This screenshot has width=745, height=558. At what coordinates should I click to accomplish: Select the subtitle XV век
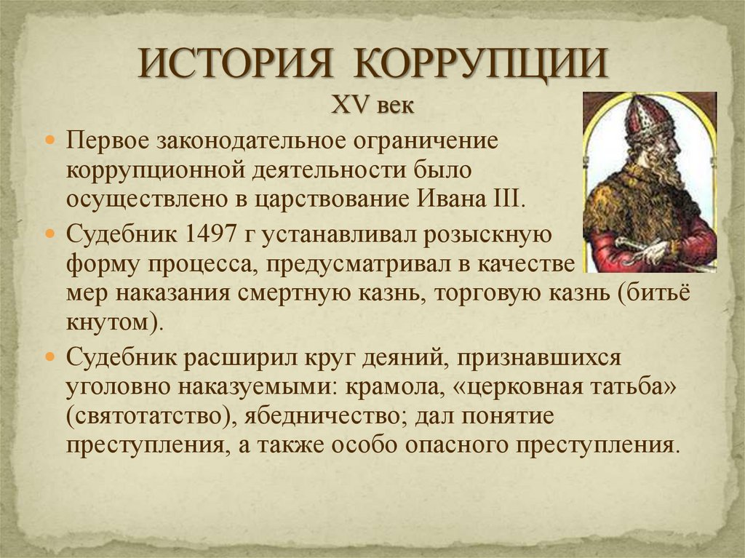coord(372,106)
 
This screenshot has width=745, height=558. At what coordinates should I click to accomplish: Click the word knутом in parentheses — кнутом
coord(111,321)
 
